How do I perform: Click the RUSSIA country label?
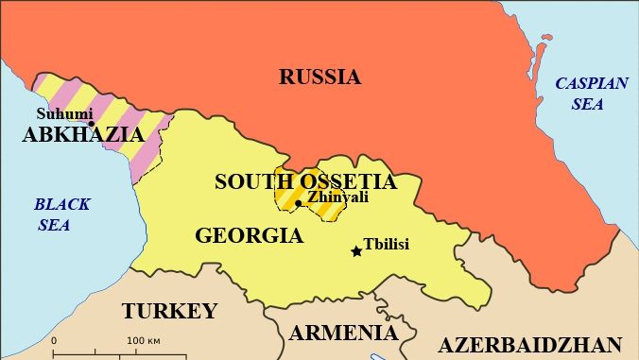coord(319,77)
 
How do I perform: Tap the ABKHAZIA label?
coord(83,134)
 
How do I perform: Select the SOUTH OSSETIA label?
coord(305,181)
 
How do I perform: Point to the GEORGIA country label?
coord(250,235)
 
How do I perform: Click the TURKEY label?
coord(169,311)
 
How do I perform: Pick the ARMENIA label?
coord(343,333)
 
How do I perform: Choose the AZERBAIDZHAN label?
coord(529,344)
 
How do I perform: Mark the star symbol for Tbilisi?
coord(356,251)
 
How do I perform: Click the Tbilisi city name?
coord(387,244)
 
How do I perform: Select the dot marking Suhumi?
coord(92,124)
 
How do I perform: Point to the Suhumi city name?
coord(64,114)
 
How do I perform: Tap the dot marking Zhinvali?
coord(299,203)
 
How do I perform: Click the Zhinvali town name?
coord(337,197)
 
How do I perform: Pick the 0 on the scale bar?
coord(54,340)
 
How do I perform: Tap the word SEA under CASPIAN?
coord(587,104)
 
